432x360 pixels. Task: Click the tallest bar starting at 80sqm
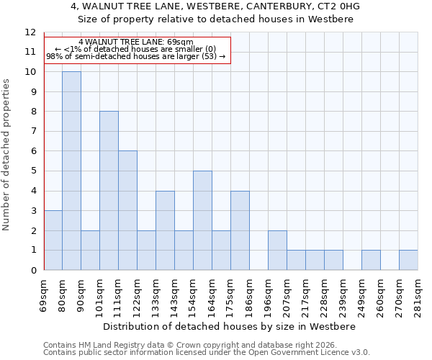coord(71,171)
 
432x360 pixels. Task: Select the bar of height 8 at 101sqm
coord(109,191)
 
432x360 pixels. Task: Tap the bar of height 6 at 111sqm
coord(127,210)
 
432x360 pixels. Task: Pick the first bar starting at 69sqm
coord(53,240)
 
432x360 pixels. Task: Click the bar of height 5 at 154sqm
coord(202,220)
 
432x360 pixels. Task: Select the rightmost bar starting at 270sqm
coord(408,260)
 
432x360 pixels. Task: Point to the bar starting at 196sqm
coord(277,251)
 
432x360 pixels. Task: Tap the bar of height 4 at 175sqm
coord(240,230)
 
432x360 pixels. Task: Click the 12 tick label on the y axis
coord(30,32)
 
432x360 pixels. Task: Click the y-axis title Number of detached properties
coord(7,155)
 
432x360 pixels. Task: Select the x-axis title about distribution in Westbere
coord(225,326)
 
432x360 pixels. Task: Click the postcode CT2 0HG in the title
coord(341,6)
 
